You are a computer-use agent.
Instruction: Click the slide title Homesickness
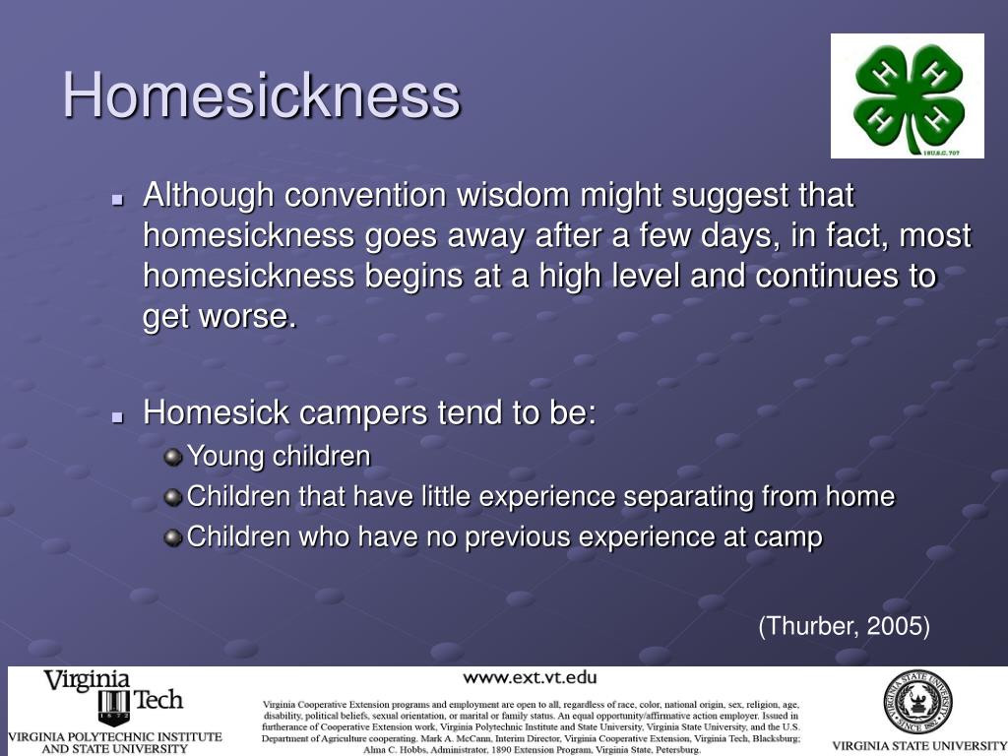pos(262,96)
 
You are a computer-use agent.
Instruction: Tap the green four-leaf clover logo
pos(907,95)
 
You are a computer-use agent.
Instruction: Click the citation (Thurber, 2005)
pos(844,626)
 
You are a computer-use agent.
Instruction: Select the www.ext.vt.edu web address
pos(530,677)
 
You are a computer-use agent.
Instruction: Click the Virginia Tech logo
pos(113,697)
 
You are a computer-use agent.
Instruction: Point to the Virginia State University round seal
pos(917,701)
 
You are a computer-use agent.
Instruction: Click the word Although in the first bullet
pos(209,196)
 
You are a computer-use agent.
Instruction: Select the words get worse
pos(219,318)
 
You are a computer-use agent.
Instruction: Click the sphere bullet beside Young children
pos(173,457)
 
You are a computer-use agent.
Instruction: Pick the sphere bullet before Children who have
pos(173,537)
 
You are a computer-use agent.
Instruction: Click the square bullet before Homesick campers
pos(117,416)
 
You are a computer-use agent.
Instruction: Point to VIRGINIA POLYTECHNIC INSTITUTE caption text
pos(115,736)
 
